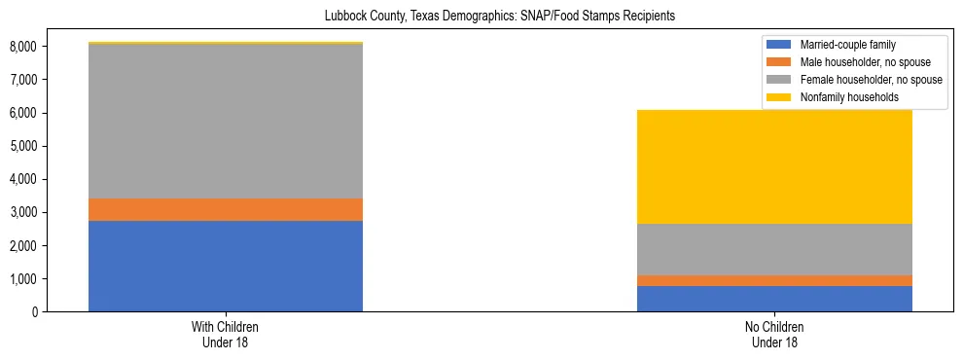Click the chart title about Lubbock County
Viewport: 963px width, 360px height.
499,17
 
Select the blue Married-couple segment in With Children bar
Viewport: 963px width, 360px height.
226,266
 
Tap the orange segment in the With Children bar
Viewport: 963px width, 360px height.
226,209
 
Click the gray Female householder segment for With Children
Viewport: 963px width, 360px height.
226,122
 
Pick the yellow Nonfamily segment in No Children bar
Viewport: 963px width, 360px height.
774,166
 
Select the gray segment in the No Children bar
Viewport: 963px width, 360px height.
774,249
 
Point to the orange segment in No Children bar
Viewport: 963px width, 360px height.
774,280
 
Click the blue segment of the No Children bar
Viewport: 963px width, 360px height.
774,299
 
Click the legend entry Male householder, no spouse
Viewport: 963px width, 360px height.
861,62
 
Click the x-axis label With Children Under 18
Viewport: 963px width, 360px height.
226,335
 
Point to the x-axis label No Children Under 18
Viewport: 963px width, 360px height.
774,335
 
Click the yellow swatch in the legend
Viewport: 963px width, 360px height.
780,97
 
